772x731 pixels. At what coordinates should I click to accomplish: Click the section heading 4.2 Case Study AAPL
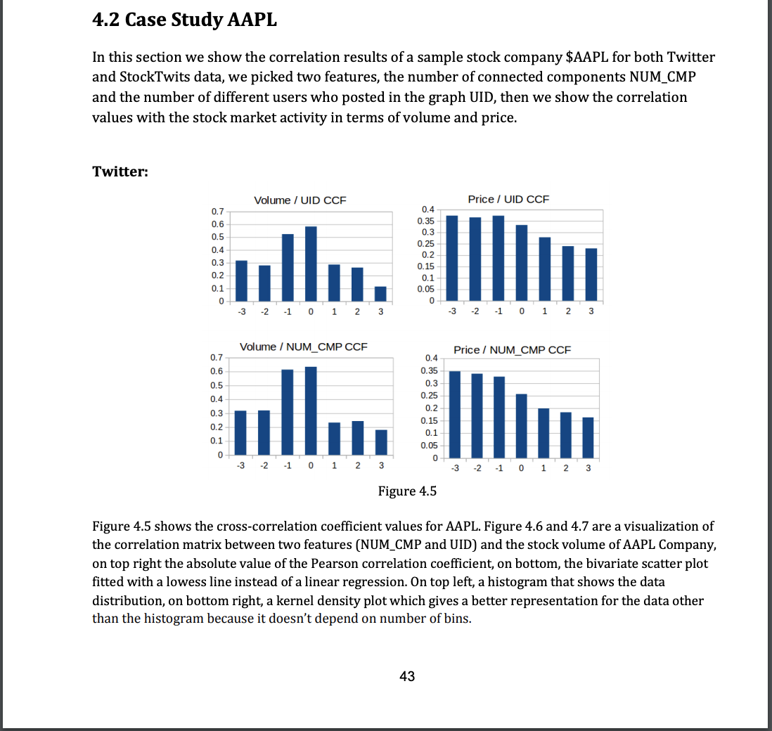tap(185, 20)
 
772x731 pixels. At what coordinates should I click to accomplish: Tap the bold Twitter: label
tap(120, 172)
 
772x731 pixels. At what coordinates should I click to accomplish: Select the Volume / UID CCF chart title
tap(300, 200)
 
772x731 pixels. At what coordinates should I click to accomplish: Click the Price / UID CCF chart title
tap(508, 200)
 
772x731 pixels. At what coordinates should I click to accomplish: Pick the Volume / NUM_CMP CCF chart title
tap(304, 347)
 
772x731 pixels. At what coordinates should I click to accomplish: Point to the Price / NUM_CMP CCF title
tap(513, 349)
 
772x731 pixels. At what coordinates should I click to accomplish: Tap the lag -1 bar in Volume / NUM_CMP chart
tap(288, 411)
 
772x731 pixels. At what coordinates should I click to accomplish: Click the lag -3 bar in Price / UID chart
tap(452, 257)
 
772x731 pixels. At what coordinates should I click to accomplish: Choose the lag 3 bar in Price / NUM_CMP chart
tap(588, 437)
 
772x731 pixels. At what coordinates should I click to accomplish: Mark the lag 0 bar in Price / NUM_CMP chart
tap(521, 425)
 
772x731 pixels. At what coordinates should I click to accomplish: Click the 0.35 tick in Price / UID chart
tap(427, 221)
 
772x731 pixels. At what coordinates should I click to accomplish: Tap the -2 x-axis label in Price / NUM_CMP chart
tap(477, 468)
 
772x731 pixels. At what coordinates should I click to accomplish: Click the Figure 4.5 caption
tap(407, 491)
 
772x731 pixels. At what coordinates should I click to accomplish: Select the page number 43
tap(406, 676)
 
